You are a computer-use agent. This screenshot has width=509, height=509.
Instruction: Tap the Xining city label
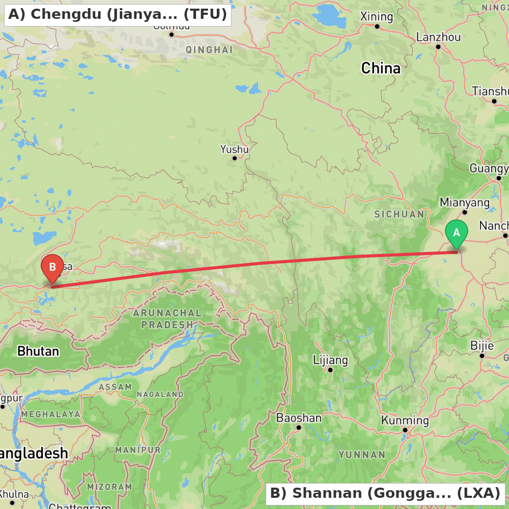377,17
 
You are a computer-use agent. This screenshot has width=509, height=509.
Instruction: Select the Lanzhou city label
438,37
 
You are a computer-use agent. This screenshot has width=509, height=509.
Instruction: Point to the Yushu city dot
235,158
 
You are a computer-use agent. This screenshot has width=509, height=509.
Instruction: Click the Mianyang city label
465,203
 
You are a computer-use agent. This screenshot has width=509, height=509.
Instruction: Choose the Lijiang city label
330,360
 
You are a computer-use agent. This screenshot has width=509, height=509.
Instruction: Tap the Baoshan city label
299,418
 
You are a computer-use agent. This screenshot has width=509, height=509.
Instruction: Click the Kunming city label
405,420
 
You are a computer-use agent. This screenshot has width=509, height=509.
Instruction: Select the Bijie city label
482,346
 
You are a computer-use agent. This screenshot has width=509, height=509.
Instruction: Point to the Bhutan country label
38,351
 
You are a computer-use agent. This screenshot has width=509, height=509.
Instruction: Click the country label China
381,68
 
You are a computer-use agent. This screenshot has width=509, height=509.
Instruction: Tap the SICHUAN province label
400,214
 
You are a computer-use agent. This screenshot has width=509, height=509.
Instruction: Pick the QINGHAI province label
209,50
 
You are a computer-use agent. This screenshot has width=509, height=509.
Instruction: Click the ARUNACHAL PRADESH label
167,319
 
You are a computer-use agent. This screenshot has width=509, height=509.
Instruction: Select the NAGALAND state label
160,394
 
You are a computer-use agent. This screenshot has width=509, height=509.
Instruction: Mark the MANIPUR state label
138,450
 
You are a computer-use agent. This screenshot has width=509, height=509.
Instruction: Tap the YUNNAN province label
362,455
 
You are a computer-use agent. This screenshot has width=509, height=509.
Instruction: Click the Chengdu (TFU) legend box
118,14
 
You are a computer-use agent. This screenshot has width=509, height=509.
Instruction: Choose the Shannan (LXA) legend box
385,493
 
